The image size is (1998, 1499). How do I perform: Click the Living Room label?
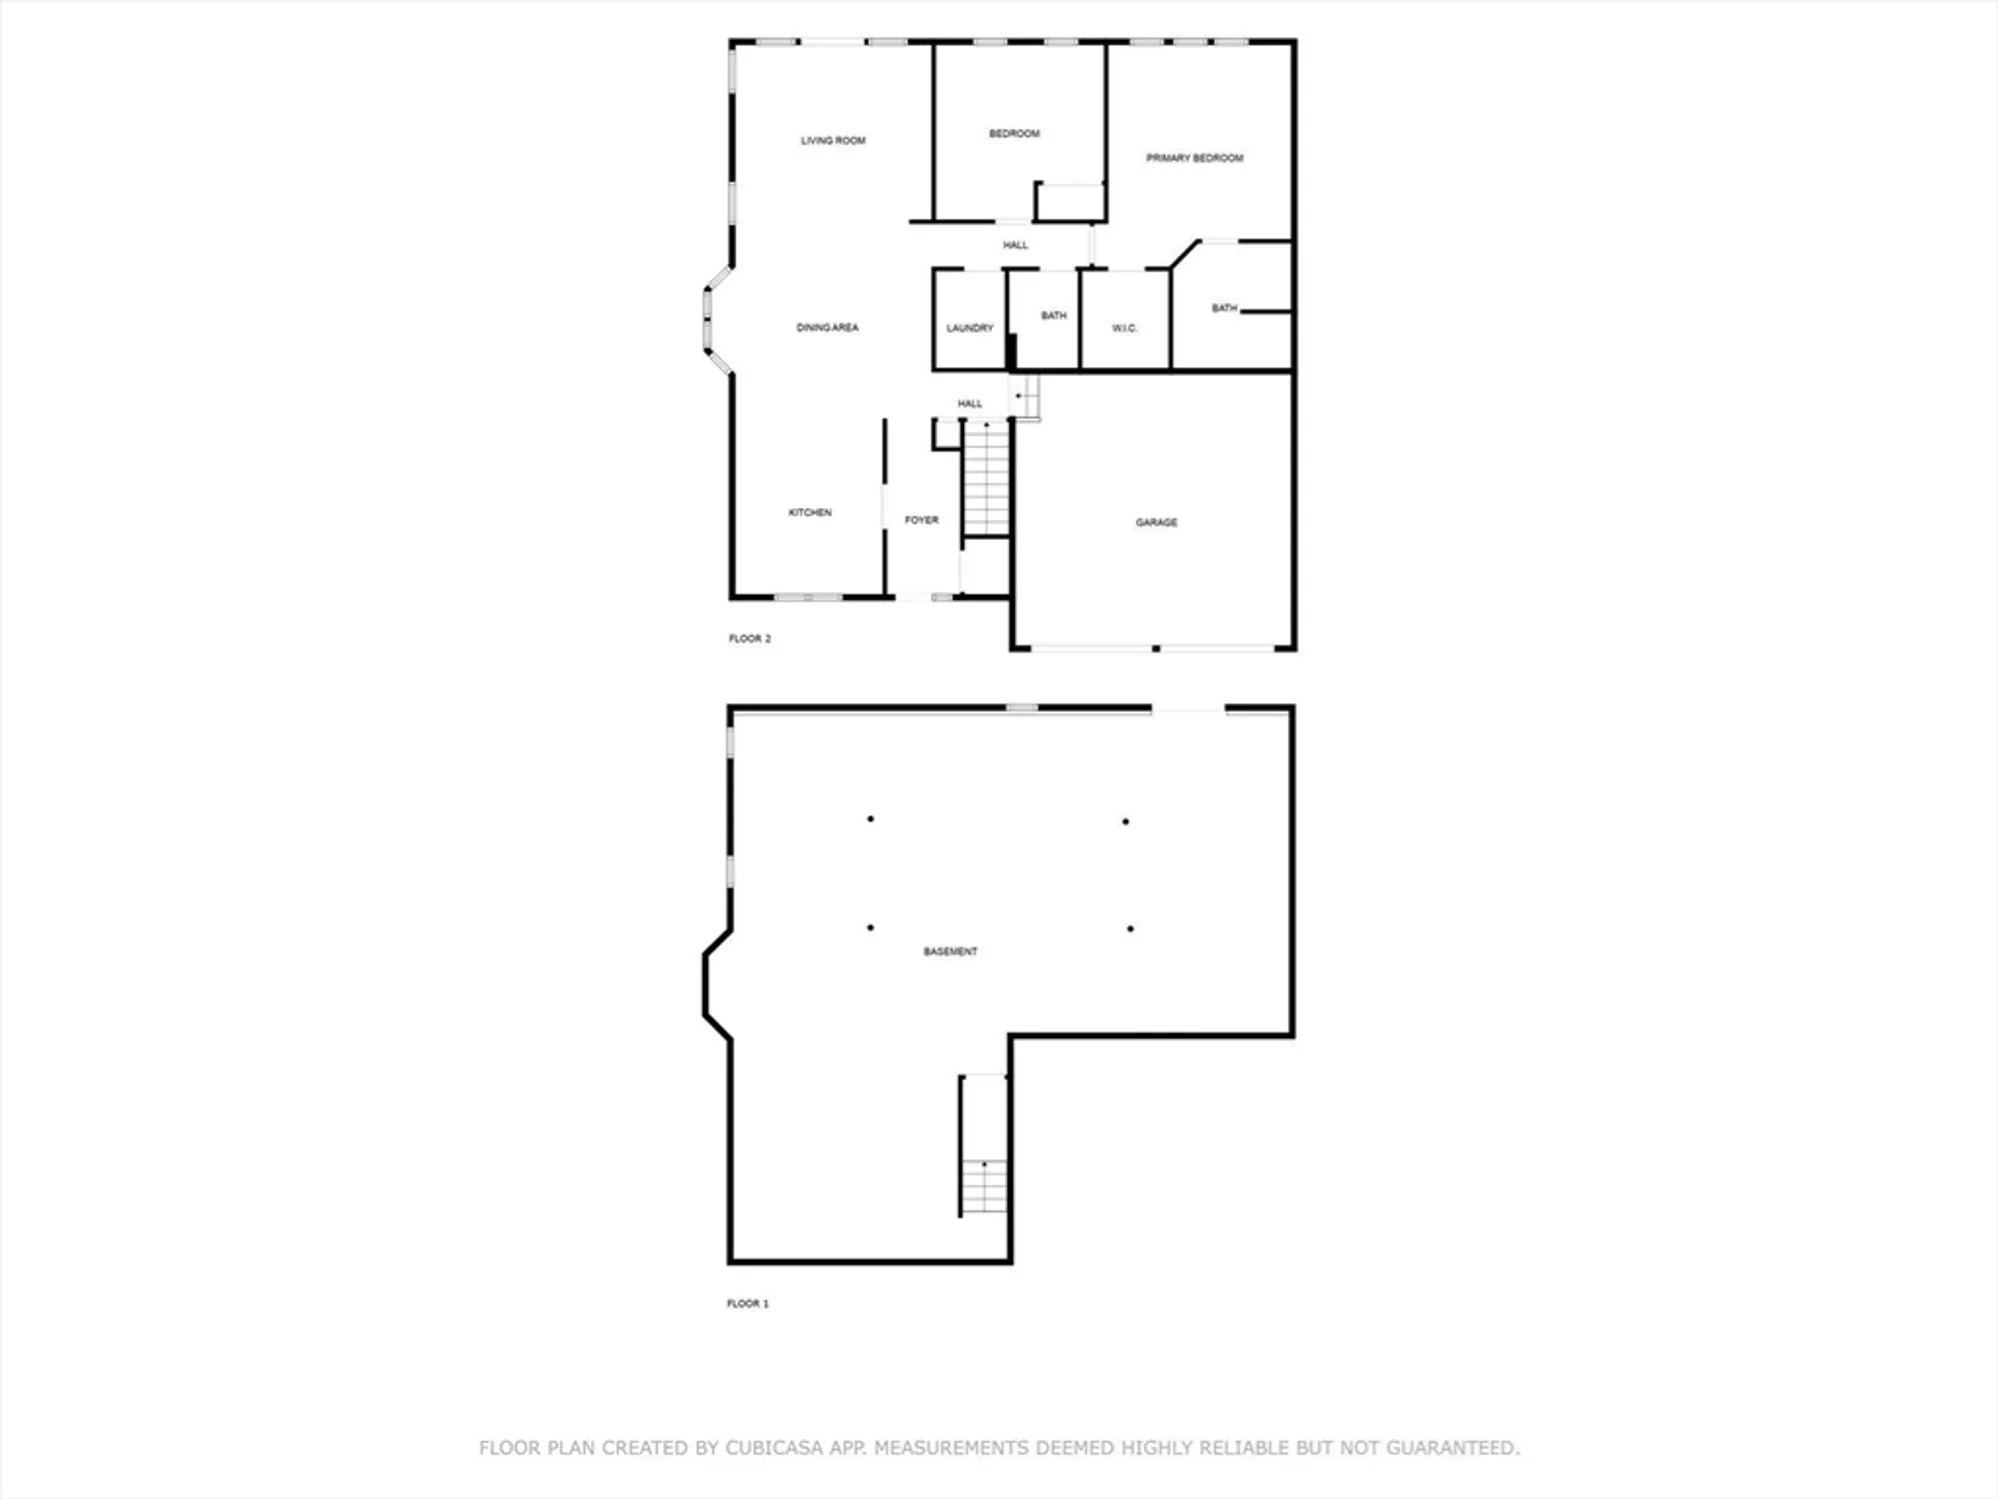click(x=833, y=141)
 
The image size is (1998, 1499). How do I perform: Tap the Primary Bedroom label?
click(x=1195, y=158)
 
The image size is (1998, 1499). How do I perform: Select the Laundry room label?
click(x=970, y=328)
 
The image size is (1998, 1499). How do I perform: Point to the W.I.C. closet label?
click(x=1125, y=328)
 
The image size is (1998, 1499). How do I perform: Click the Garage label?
click(x=1156, y=522)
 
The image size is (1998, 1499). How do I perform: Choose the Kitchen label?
click(x=810, y=512)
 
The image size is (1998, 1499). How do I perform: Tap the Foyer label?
click(x=921, y=520)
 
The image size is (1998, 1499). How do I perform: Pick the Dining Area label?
click(x=827, y=328)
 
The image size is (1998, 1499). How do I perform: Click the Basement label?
click(x=950, y=952)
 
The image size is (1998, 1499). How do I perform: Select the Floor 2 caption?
click(x=750, y=638)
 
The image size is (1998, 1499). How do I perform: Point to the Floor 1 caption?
click(x=748, y=1303)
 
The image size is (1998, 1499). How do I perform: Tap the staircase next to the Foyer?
click(x=987, y=479)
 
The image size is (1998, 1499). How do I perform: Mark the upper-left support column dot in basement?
click(x=871, y=819)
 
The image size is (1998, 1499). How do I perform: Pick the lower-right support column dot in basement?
click(x=1130, y=929)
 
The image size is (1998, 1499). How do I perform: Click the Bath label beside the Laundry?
click(x=1054, y=316)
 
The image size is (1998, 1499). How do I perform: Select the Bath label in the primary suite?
click(x=1224, y=308)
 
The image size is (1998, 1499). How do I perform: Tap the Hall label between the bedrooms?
click(x=1016, y=245)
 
